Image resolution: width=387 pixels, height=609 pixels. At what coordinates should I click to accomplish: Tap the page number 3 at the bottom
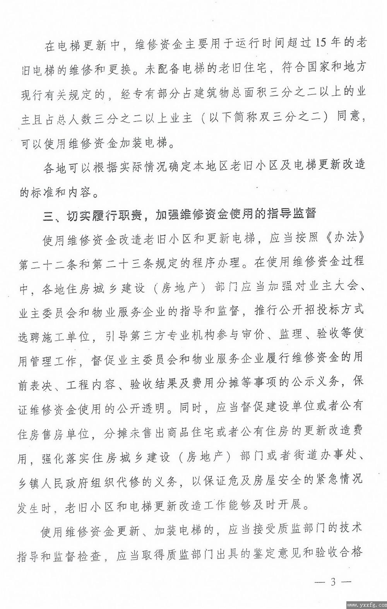click(332, 583)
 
